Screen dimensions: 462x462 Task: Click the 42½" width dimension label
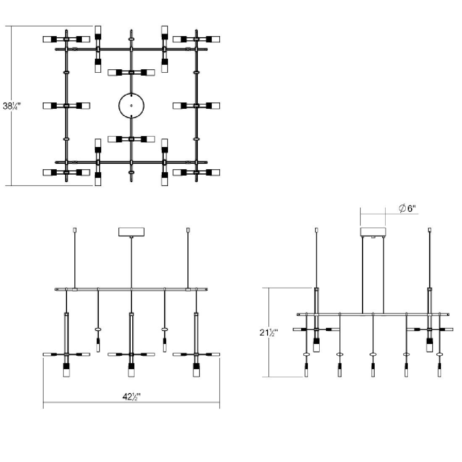pos(131,396)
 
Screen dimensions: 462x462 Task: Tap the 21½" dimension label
pos(269,333)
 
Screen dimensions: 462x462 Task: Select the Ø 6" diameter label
pos(407,208)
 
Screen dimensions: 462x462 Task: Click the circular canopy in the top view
pos(131,106)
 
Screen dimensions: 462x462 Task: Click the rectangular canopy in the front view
pos(131,232)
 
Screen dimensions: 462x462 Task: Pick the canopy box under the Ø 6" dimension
pos(373,232)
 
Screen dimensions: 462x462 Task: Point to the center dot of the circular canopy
pos(131,106)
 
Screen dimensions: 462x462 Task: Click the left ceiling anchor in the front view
pos(75,230)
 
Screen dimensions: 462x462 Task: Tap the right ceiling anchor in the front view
pos(188,230)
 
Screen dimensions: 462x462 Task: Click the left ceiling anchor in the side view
pos(316,230)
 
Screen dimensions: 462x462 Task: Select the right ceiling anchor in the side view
pos(429,230)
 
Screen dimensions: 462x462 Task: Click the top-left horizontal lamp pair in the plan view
pos(66,39)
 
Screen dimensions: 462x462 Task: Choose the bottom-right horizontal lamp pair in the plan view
pos(196,172)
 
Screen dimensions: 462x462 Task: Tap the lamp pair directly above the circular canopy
pos(131,72)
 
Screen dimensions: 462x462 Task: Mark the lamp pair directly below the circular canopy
pos(131,139)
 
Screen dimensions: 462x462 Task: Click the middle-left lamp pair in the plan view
pos(66,105)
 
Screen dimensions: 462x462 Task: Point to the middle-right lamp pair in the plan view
pos(196,105)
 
